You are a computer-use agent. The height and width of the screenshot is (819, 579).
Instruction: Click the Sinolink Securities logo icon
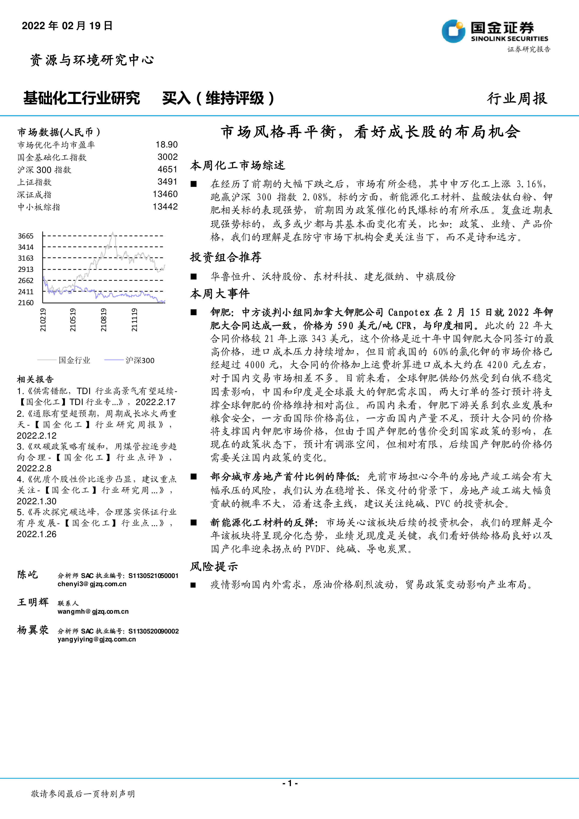pyautogui.click(x=453, y=31)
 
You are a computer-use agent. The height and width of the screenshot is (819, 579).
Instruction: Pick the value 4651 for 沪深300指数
pyautogui.click(x=167, y=169)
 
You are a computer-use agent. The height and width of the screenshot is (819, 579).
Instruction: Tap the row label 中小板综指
pyautogui.click(x=39, y=207)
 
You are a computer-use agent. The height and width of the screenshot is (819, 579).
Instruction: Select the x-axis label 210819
pyautogui.click(x=103, y=320)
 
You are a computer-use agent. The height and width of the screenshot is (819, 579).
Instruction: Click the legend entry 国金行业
pyautogui.click(x=74, y=360)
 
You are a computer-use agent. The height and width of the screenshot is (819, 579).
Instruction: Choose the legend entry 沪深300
pyautogui.click(x=140, y=360)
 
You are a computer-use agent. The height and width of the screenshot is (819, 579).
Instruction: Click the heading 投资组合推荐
pyautogui.click(x=226, y=257)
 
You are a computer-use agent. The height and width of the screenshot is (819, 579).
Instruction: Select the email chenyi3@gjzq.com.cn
pyautogui.click(x=92, y=584)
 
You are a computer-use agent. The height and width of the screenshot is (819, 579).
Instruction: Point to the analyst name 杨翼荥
pyautogui.click(x=33, y=630)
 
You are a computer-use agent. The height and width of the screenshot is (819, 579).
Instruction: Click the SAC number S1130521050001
pyautogui.click(x=153, y=576)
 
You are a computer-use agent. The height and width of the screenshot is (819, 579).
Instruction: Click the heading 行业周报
pyautogui.click(x=517, y=98)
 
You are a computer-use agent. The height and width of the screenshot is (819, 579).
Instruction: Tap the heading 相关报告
pyautogui.click(x=35, y=379)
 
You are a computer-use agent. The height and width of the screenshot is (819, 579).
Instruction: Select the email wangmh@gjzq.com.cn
pyautogui.click(x=93, y=611)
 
